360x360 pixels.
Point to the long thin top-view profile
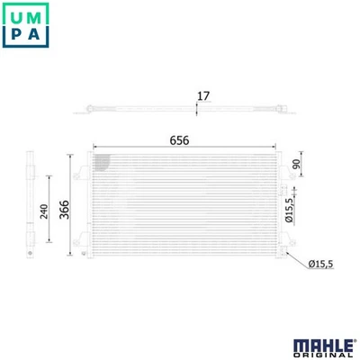(180, 111)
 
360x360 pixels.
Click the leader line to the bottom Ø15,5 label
(295, 259)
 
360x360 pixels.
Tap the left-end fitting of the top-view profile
(87, 110)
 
